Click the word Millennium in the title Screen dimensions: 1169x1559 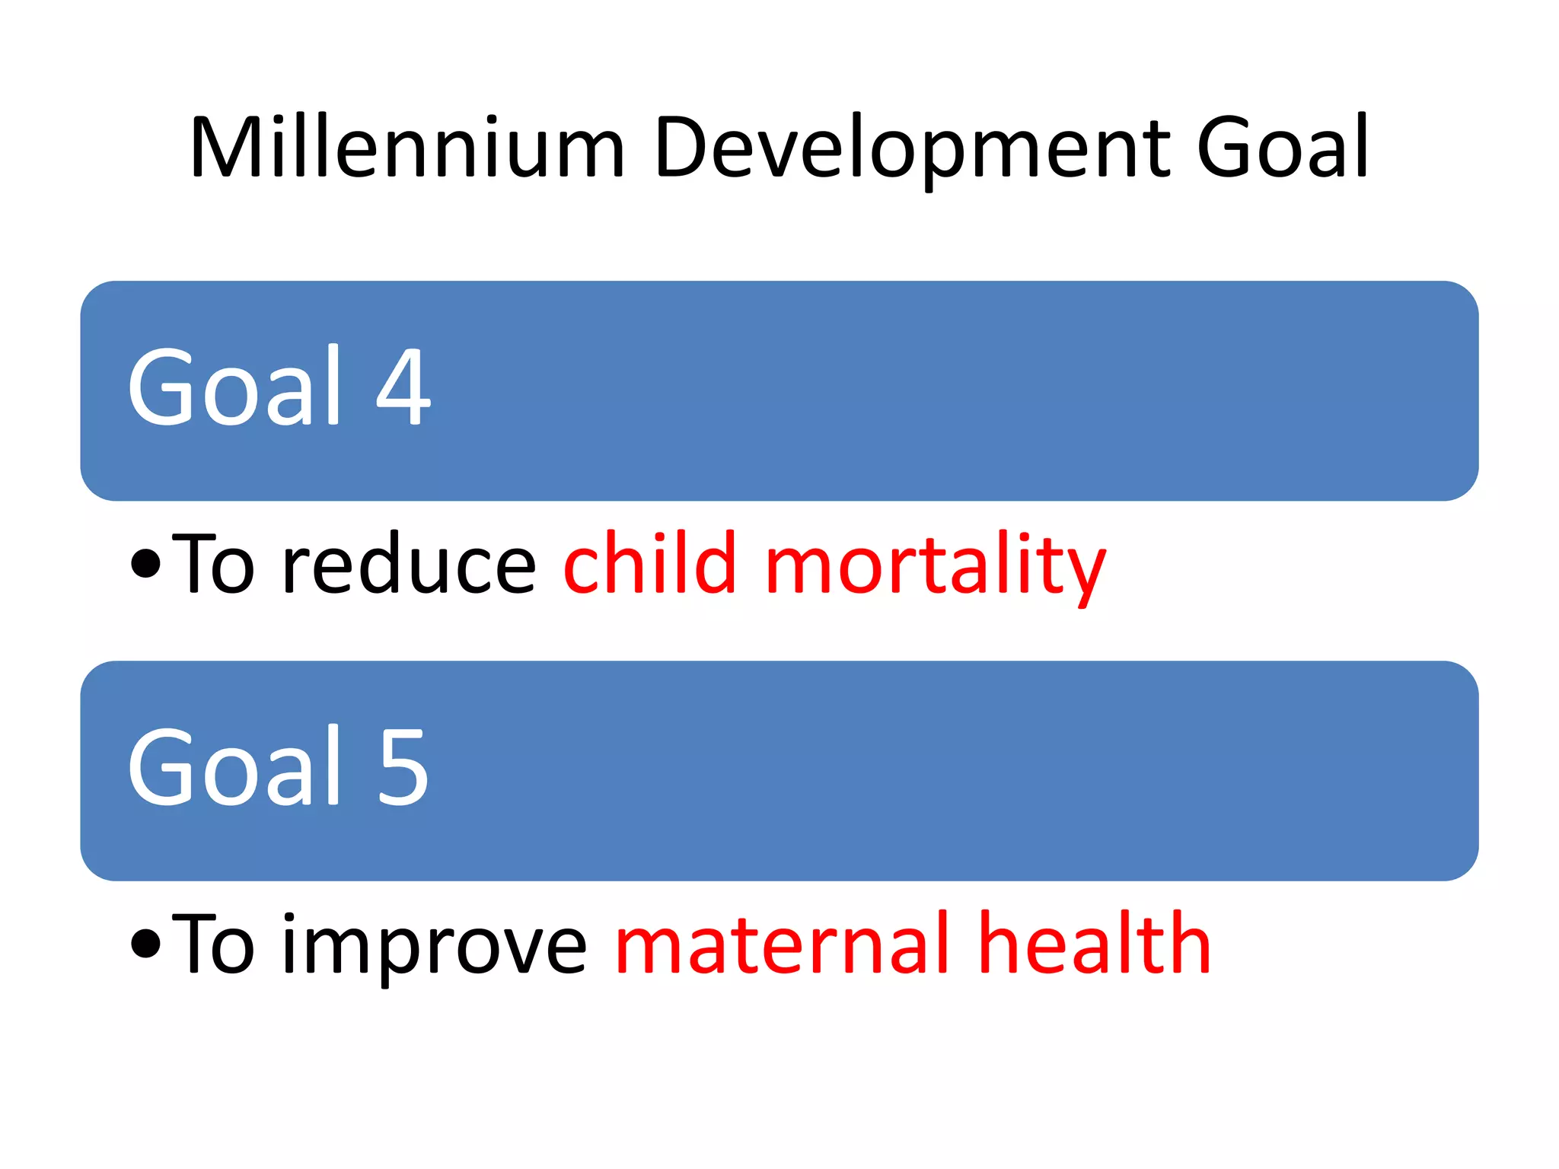(x=407, y=148)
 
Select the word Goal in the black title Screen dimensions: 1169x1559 (x=1282, y=148)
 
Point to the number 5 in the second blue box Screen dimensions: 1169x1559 (x=403, y=766)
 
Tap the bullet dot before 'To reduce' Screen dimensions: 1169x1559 (x=145, y=564)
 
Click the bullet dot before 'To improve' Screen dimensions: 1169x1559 (x=145, y=944)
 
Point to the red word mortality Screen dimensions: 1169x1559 (x=935, y=566)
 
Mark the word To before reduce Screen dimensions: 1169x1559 (x=212, y=564)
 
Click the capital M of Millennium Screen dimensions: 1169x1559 (x=222, y=148)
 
